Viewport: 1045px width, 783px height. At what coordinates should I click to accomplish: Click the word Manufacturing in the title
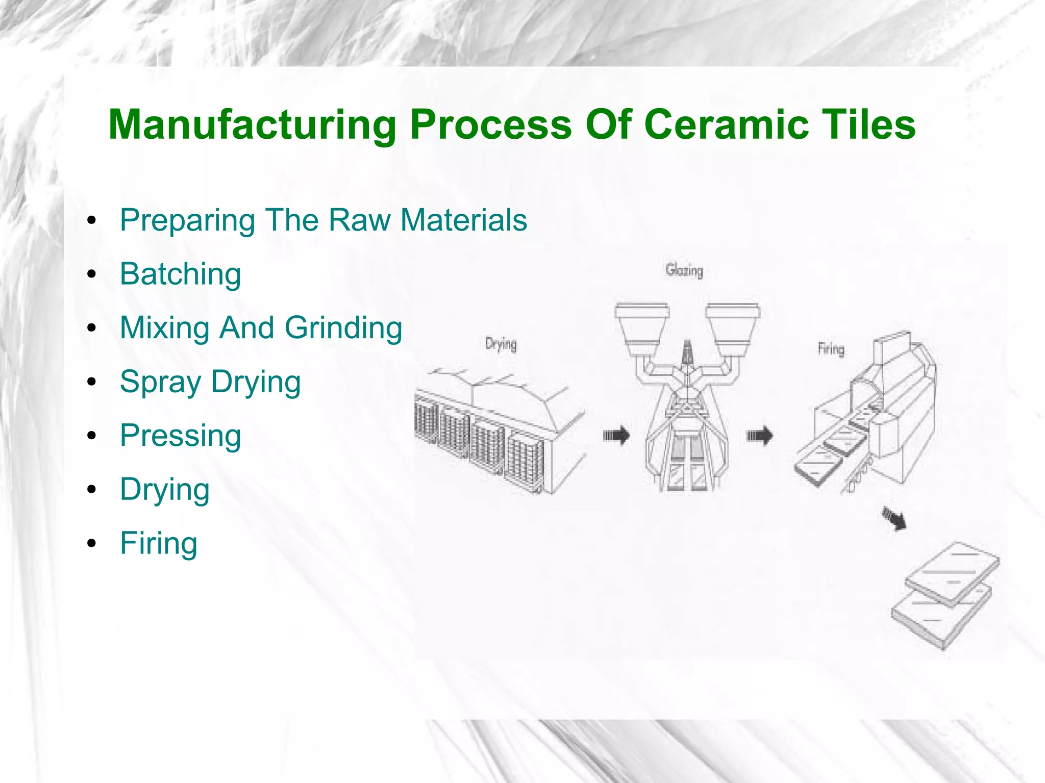pos(252,125)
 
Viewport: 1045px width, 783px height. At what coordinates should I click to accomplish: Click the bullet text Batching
pos(180,274)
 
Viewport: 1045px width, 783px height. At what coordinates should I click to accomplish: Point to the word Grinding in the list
pos(343,327)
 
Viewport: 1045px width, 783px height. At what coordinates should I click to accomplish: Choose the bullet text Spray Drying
pos(210,382)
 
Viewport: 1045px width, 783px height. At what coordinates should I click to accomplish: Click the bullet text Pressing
pos(180,436)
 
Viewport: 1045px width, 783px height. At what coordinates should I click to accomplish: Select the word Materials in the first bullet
pos(463,220)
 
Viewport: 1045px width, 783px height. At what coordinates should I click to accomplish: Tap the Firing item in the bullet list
pos(159,543)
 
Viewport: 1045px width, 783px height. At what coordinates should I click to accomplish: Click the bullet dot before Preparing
pos(92,221)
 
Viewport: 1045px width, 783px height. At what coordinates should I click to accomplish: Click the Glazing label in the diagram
pos(684,270)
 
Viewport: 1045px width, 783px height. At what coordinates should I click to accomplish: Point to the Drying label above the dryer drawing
pos(501,344)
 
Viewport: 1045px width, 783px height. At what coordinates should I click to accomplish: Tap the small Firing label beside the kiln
pos(831,349)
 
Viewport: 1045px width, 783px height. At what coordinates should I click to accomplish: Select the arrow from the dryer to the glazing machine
pos(616,436)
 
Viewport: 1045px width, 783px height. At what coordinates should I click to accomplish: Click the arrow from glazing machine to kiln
pos(760,436)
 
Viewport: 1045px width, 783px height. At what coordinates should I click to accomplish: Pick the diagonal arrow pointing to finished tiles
pos(894,519)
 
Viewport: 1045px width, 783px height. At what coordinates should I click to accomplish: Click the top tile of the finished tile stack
pos(952,571)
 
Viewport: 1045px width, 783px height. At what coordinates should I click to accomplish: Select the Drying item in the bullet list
pos(165,490)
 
